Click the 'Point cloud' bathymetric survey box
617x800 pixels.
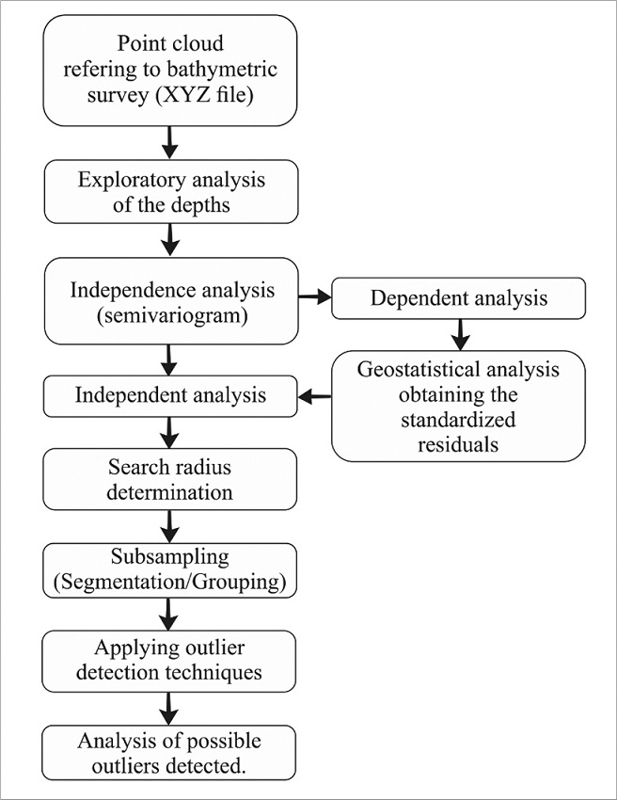(170, 71)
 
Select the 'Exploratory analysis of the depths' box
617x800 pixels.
(170, 191)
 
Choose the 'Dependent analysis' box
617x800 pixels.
(458, 299)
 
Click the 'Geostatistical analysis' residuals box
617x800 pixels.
(458, 405)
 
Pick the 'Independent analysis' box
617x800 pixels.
(170, 395)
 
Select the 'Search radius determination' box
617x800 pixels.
(170, 479)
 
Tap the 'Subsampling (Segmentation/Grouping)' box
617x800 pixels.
(170, 569)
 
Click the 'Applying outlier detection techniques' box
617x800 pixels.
(170, 661)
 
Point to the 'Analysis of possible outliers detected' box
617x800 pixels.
(170, 751)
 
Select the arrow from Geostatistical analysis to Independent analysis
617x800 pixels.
(314, 396)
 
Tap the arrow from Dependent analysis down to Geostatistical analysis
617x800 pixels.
(458, 333)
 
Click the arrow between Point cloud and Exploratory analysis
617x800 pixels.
(170, 143)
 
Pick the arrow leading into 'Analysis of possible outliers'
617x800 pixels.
(170, 707)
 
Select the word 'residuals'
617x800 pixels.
(458, 444)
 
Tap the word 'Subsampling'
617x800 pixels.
(170, 558)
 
